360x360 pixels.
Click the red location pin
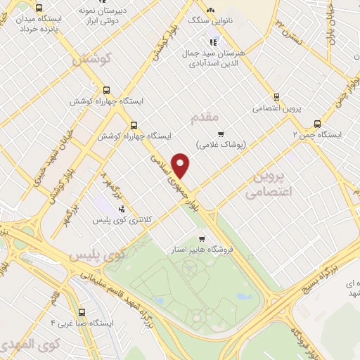pos(181,165)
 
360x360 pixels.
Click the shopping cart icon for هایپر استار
pos(202,238)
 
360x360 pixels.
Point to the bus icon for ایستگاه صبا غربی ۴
pos(82,311)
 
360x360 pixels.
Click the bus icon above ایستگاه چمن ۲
pos(318,122)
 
